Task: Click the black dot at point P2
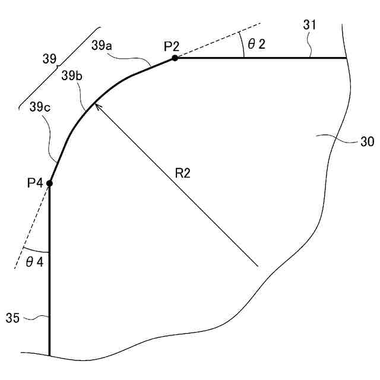click(x=175, y=58)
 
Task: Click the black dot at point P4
click(x=49, y=183)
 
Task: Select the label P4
click(x=35, y=183)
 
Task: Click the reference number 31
click(x=310, y=26)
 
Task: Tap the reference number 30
click(x=367, y=142)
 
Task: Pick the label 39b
click(x=71, y=76)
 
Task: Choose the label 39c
click(x=40, y=108)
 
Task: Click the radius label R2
click(x=183, y=173)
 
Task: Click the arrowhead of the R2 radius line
click(x=97, y=105)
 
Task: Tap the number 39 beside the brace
click(x=50, y=59)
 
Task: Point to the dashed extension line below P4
click(x=30, y=231)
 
